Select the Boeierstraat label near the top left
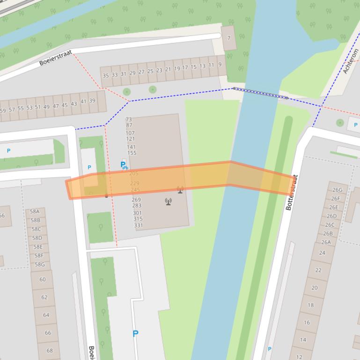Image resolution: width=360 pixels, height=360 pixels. (55, 58)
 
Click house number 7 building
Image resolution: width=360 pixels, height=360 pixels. (229, 38)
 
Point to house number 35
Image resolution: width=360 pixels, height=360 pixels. (105, 75)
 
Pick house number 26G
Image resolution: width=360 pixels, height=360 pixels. (337, 190)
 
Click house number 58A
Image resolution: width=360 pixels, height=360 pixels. (35, 212)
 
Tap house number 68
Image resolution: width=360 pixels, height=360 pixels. (50, 350)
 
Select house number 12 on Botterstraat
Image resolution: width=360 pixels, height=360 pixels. (299, 357)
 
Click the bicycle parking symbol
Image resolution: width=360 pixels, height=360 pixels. (124, 165)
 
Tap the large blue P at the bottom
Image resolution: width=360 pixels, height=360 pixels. (135, 333)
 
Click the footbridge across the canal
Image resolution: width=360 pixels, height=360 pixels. (260, 93)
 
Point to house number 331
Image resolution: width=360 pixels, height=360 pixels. (139, 225)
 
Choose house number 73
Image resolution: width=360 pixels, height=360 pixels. (129, 120)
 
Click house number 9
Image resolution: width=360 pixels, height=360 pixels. (220, 65)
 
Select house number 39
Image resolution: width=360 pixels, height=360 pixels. (92, 101)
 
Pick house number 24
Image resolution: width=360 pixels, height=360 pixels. (322, 253)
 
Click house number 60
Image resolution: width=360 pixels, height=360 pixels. (43, 280)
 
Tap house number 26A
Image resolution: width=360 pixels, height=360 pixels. (326, 242)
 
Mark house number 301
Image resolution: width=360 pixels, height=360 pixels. (137, 213)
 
